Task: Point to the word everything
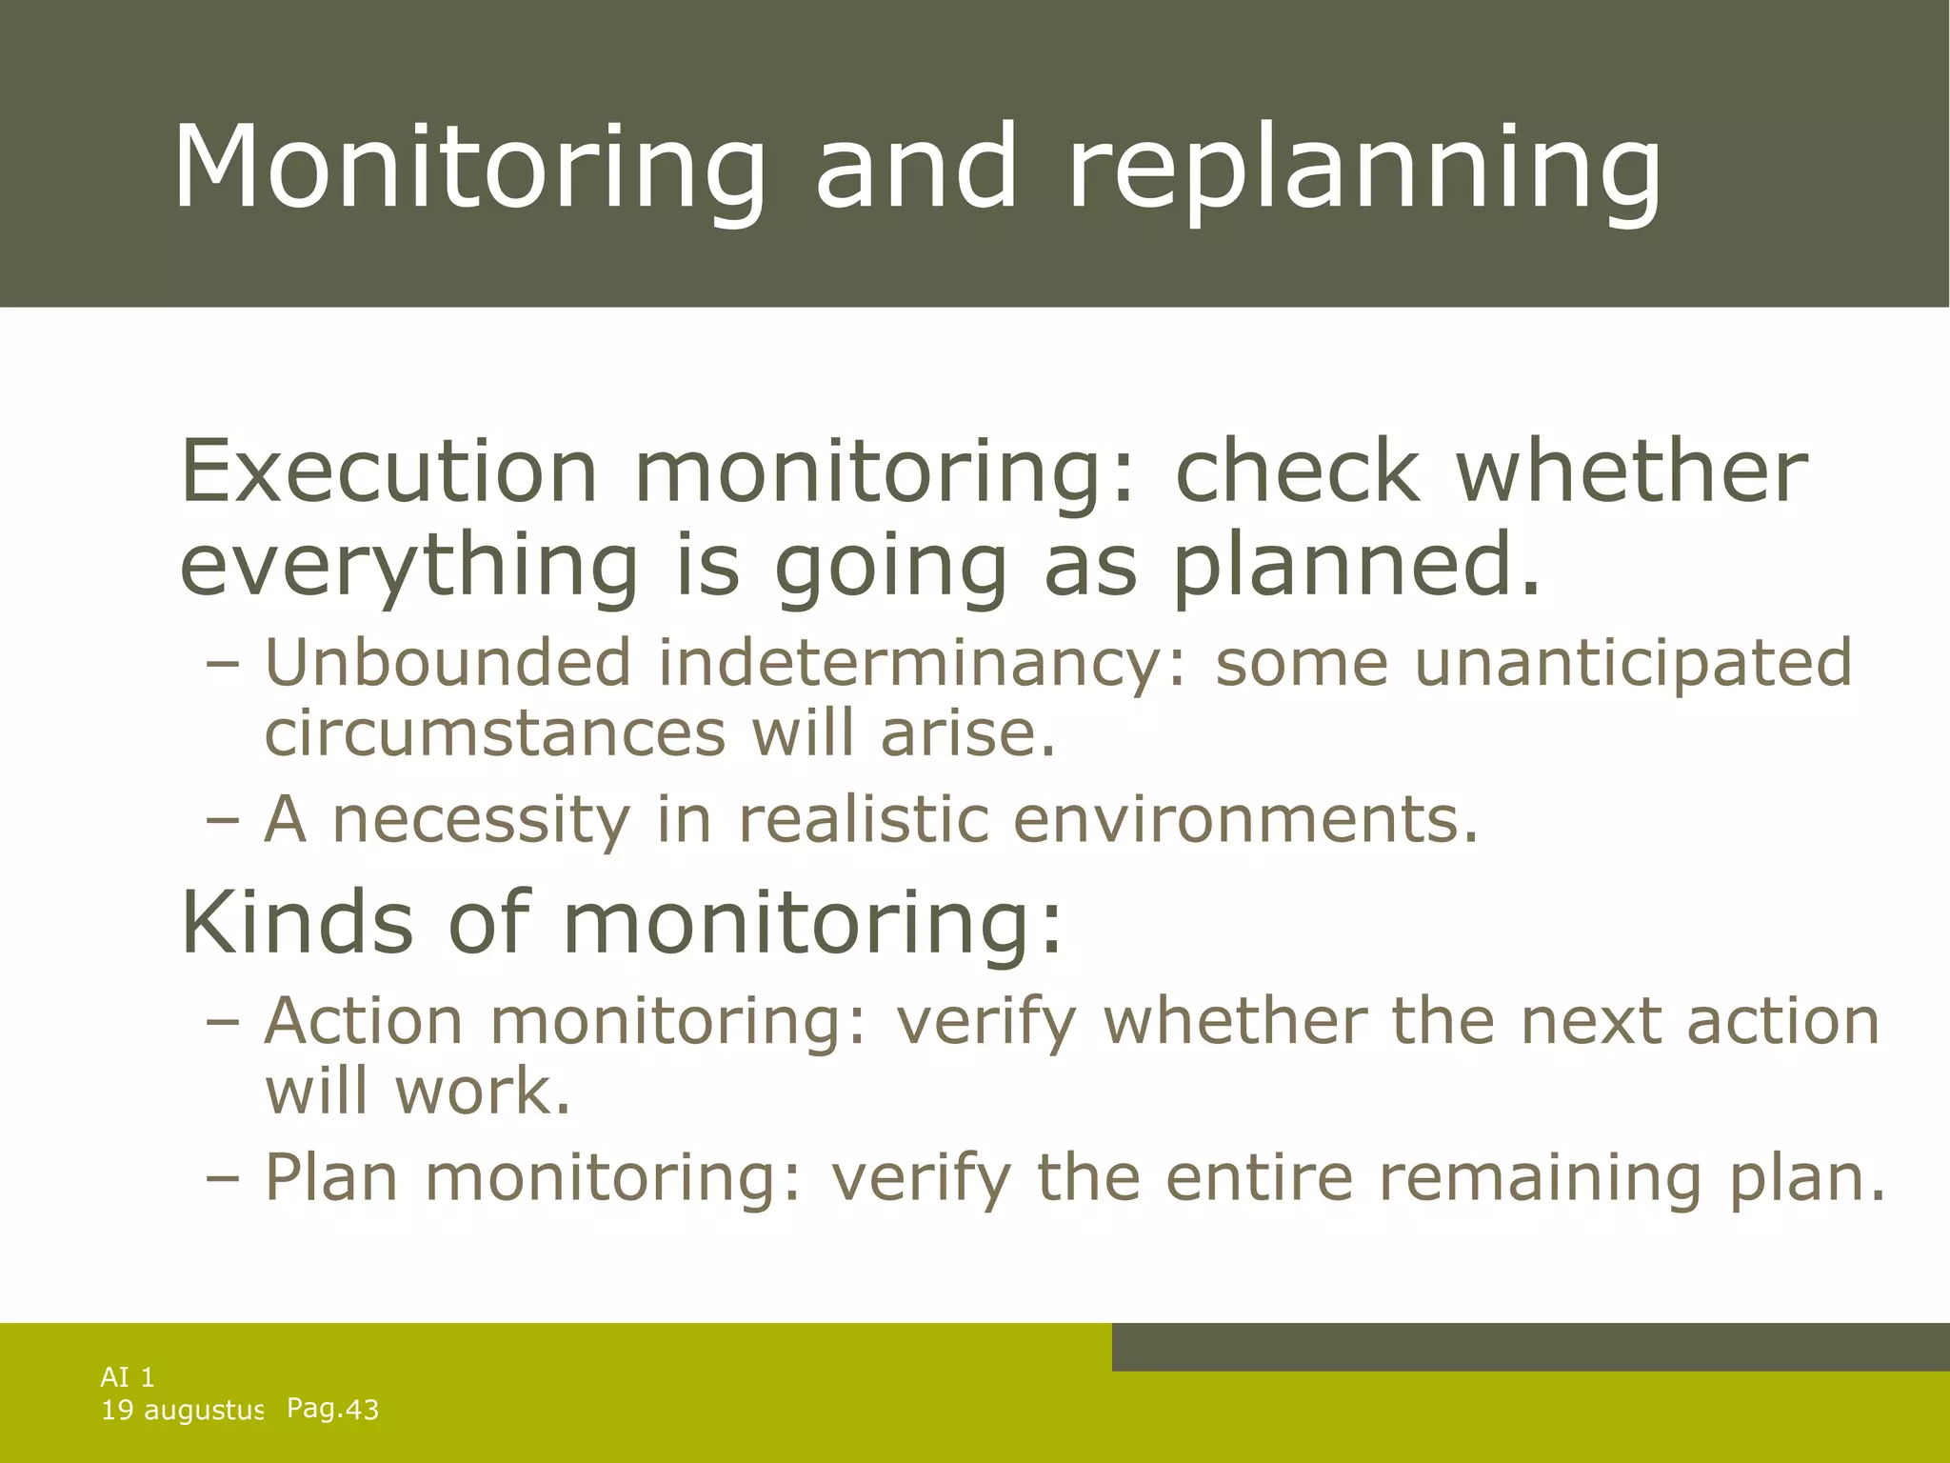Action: [x=408, y=567]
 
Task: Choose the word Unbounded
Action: [x=448, y=662]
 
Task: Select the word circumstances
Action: [x=495, y=734]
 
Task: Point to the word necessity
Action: [x=481, y=820]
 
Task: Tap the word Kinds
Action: [x=297, y=922]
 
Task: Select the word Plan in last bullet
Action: [x=330, y=1177]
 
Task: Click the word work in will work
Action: [x=484, y=1092]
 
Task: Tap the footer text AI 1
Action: [x=128, y=1376]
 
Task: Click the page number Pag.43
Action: [x=332, y=1409]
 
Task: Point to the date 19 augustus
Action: [x=181, y=1411]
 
